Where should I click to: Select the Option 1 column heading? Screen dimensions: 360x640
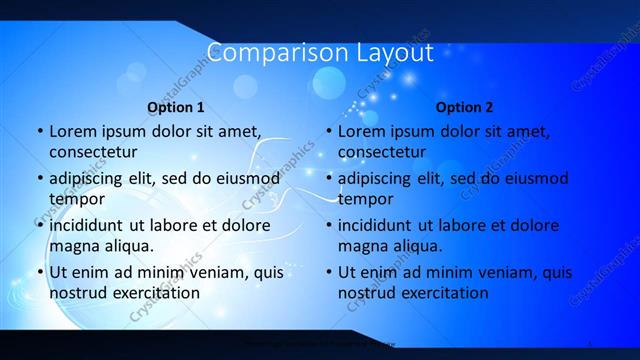[175, 106]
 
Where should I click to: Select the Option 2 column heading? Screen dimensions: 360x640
[464, 106]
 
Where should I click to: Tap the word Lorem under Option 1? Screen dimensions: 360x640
[72, 131]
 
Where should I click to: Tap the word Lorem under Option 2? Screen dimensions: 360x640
[361, 131]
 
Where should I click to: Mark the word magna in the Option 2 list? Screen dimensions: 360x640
[362, 245]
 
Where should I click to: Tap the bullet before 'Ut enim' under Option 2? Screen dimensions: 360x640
[328, 272]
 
